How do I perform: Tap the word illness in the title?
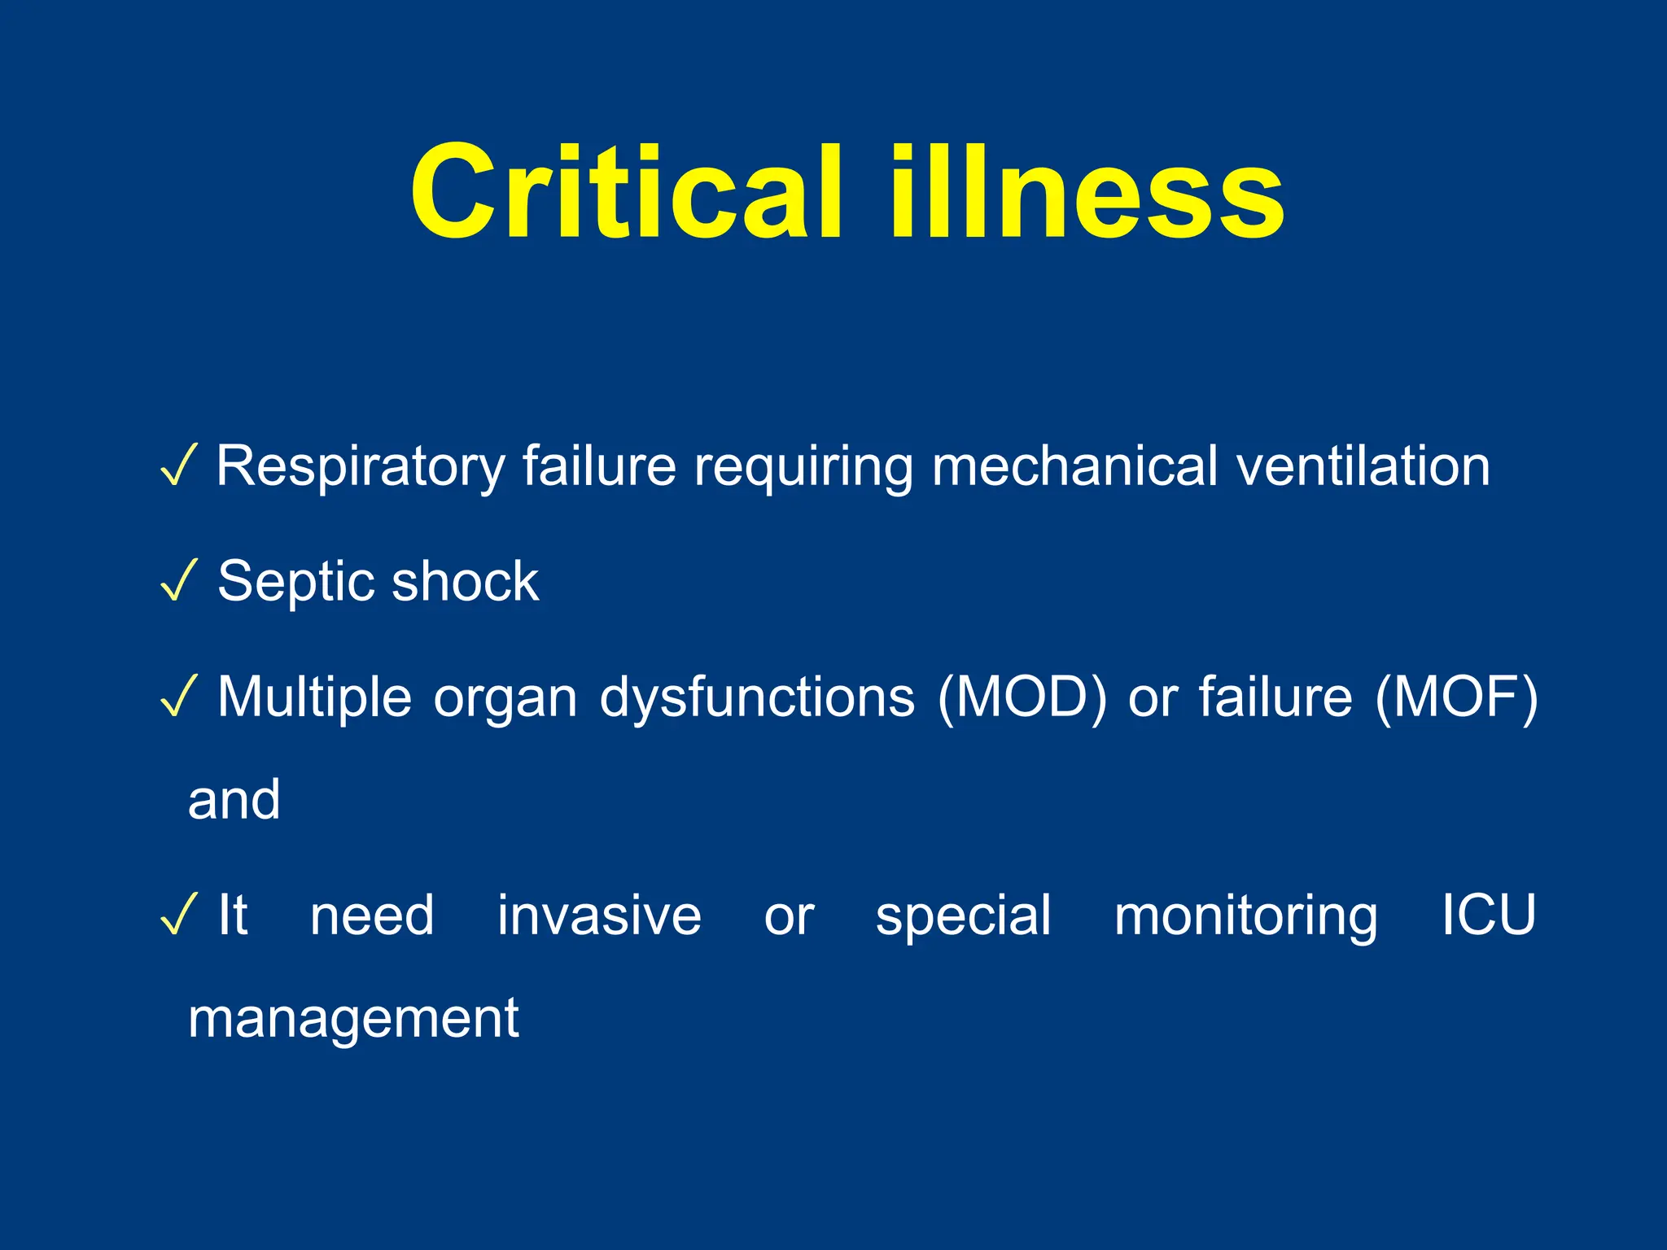point(1087,193)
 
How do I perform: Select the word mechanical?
point(1074,466)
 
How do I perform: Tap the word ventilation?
point(1363,466)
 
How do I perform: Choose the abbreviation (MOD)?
point(1022,697)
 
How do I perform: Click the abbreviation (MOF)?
point(1456,697)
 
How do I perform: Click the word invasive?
point(599,916)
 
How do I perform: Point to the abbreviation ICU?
point(1488,915)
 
